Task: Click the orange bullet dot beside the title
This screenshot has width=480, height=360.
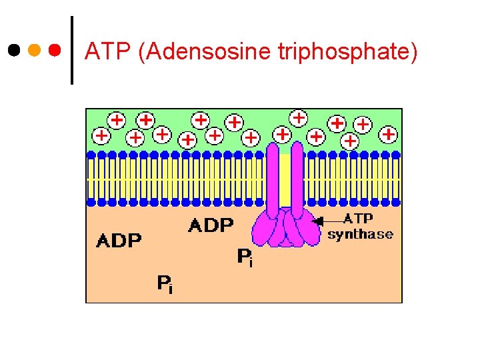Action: (x=34, y=50)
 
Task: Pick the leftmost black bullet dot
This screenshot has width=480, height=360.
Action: (x=13, y=50)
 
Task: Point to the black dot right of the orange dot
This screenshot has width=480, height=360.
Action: (x=55, y=50)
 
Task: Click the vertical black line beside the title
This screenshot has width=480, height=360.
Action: (x=72, y=51)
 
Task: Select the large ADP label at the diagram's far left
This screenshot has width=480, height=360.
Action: (x=119, y=241)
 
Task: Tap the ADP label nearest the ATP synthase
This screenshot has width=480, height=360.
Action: (x=211, y=225)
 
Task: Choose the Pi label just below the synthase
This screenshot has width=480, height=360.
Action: (x=245, y=257)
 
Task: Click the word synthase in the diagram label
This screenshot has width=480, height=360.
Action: (x=360, y=234)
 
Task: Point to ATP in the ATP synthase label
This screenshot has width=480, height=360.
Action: (x=359, y=219)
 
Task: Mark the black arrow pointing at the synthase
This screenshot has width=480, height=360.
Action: (x=327, y=221)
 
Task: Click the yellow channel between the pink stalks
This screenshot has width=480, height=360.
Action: (x=285, y=180)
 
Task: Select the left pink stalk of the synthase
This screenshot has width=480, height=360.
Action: (x=273, y=180)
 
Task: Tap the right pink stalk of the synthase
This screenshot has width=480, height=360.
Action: (x=297, y=180)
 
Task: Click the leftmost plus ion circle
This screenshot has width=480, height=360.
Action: (x=101, y=135)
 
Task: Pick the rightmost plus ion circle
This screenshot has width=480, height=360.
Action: (x=388, y=135)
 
